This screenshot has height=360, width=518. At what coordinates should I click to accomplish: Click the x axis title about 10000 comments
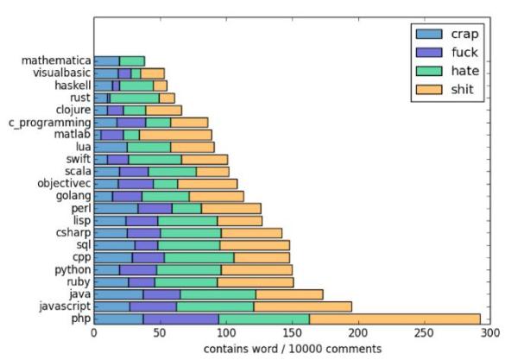pyautogui.click(x=291, y=349)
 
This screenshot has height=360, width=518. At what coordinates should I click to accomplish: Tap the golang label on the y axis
pyautogui.click(x=71, y=196)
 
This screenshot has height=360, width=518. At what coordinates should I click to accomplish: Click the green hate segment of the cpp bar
pyautogui.click(x=199, y=257)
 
